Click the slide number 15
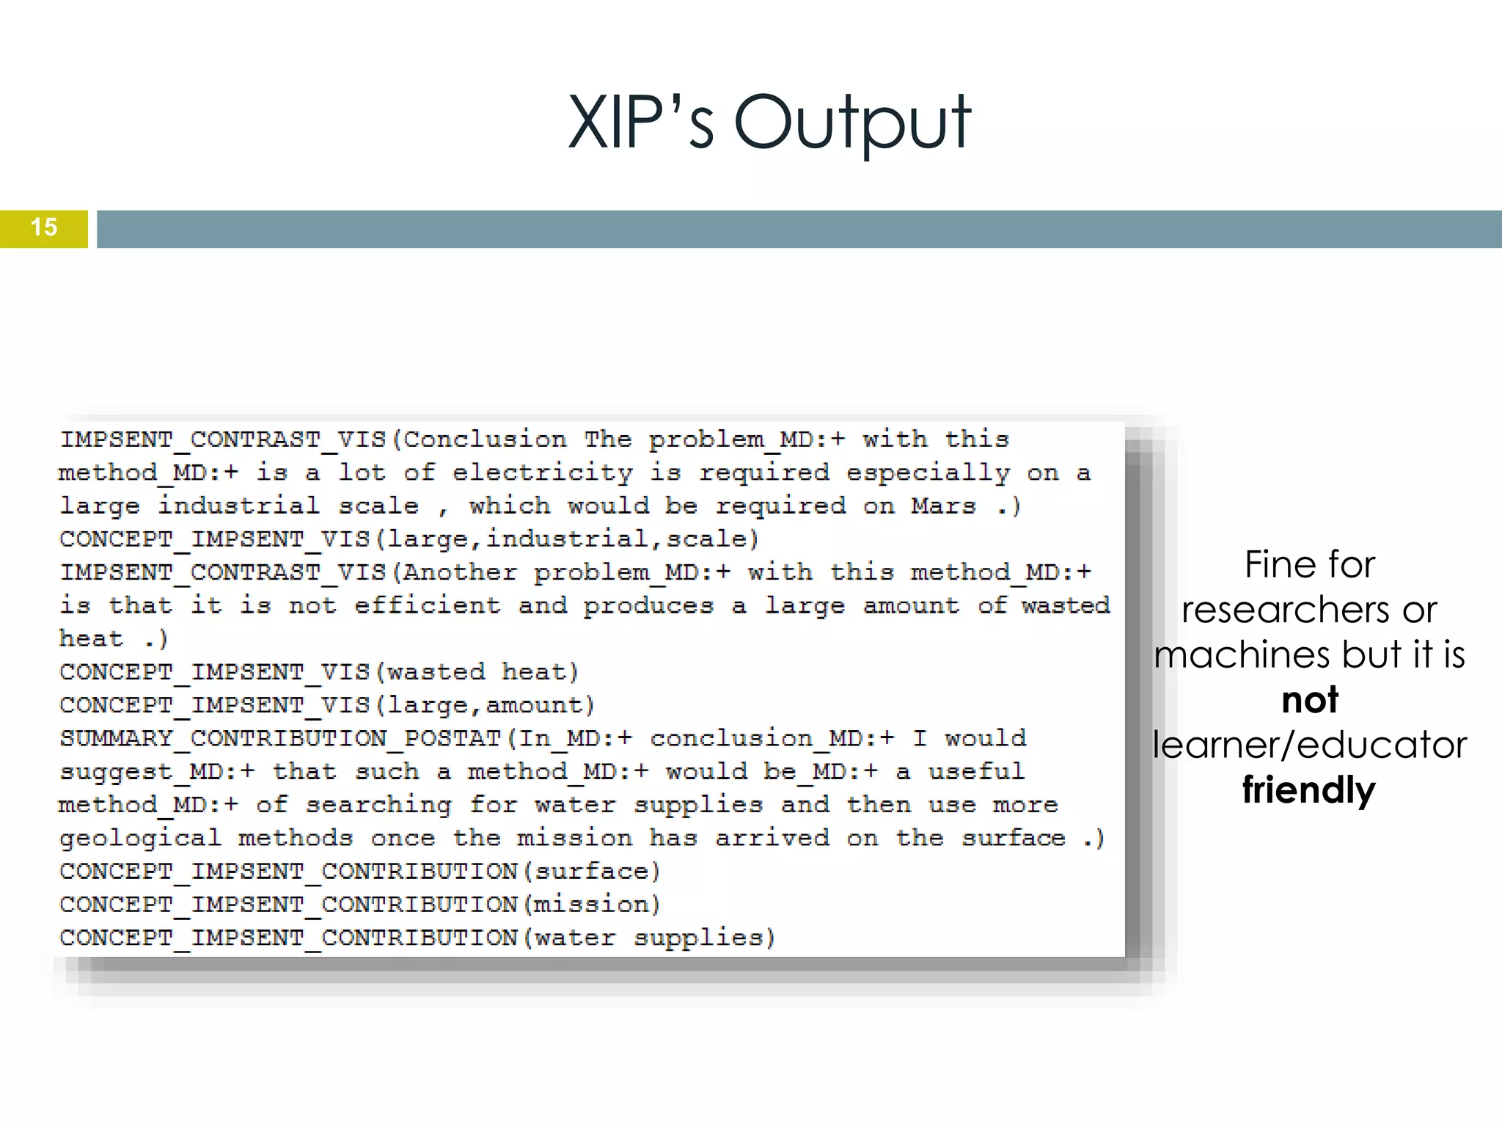[x=44, y=227]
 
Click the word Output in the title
[x=852, y=123]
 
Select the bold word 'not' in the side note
[x=1309, y=700]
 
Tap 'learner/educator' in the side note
[x=1309, y=745]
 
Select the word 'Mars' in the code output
[x=943, y=506]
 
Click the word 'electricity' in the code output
[x=542, y=473]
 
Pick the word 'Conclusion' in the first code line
[x=485, y=440]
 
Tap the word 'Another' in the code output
[x=460, y=572]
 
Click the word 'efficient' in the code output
[x=427, y=606]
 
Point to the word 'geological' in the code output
[x=140, y=838]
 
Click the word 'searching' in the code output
[x=378, y=805]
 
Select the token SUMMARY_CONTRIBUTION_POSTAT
[x=280, y=739]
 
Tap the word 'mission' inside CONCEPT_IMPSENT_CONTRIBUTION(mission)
[x=591, y=905]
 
